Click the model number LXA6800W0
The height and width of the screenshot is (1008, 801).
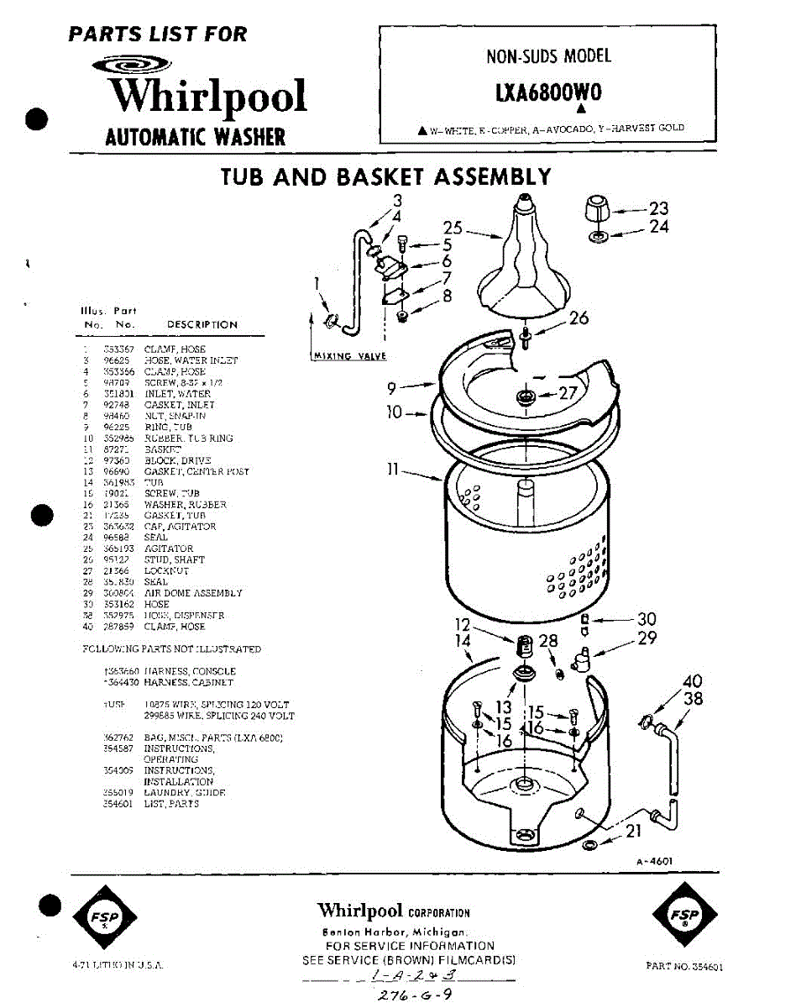click(x=549, y=92)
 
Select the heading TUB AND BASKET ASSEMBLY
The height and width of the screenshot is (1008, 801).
click(x=385, y=176)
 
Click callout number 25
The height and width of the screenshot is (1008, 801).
click(x=453, y=228)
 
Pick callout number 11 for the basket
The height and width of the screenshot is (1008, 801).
click(x=391, y=470)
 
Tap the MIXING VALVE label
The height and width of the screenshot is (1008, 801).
click(x=348, y=356)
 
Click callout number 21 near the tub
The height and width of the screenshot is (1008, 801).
click(x=633, y=832)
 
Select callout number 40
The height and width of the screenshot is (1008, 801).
click(x=692, y=681)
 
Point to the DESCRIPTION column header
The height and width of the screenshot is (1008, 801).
click(x=202, y=324)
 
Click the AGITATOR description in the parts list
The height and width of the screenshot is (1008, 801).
click(x=169, y=549)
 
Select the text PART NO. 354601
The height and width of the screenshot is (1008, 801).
click(x=685, y=967)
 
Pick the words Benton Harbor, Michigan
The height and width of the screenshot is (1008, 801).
click(x=395, y=932)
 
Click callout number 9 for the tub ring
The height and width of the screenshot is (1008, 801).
click(x=391, y=388)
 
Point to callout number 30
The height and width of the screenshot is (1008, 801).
click(x=647, y=620)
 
